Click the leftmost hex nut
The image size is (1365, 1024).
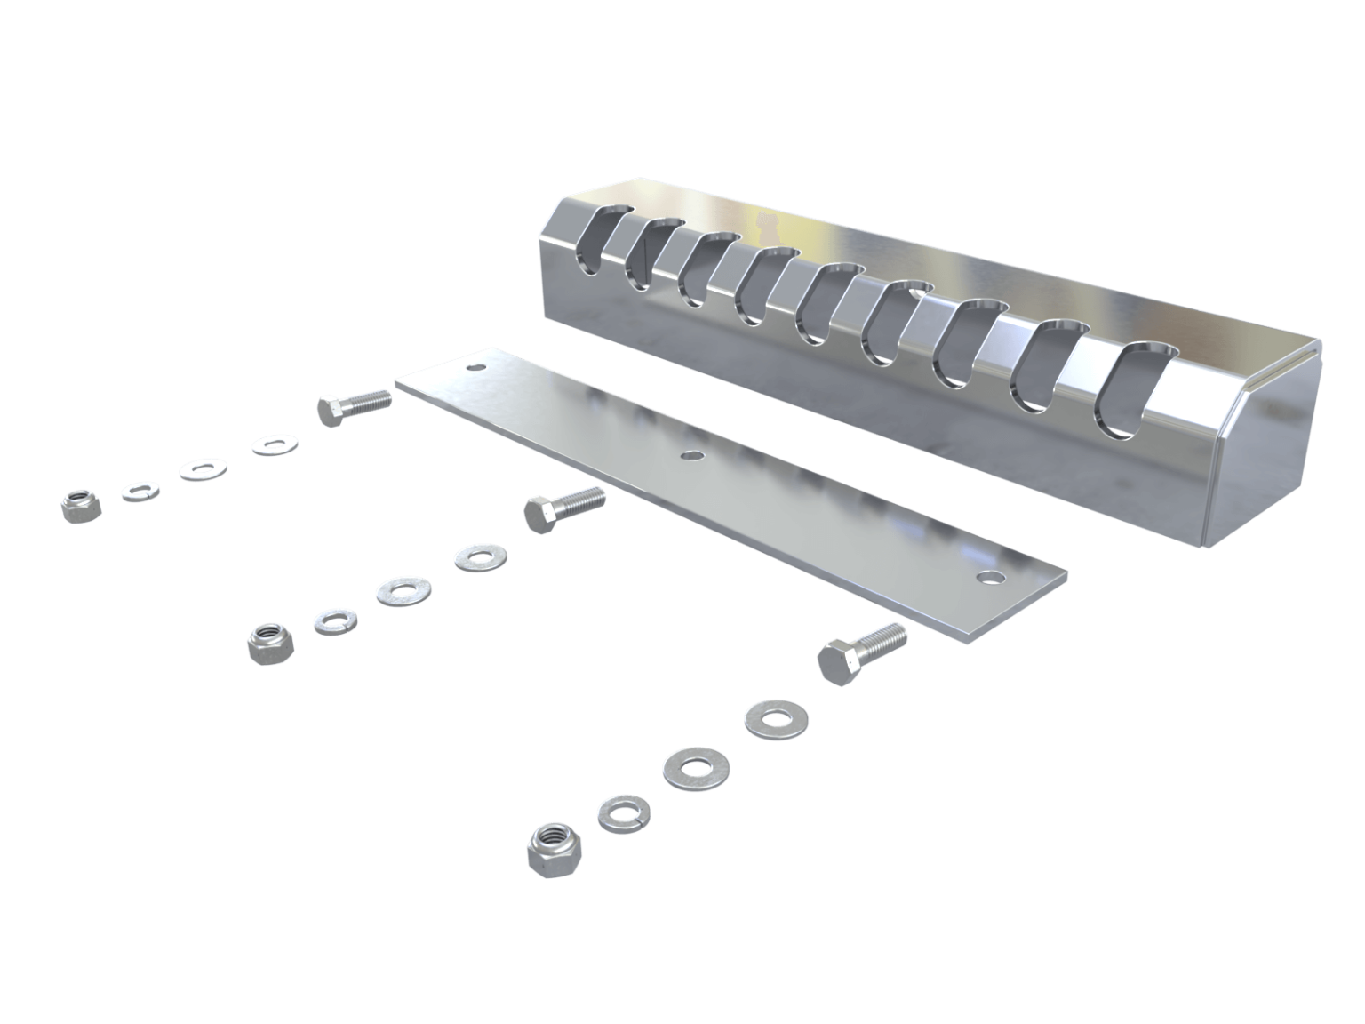tap(81, 505)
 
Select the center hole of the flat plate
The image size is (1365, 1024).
tap(689, 456)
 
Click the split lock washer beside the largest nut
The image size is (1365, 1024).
tap(623, 812)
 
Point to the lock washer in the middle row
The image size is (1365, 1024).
tap(334, 620)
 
